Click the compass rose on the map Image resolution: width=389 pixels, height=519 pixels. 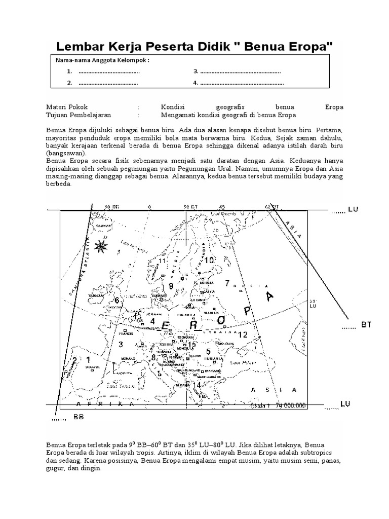coord(102,247)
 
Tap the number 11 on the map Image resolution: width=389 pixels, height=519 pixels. coord(162,261)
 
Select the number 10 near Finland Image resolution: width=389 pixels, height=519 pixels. coord(209,260)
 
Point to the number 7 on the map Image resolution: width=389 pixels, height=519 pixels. coord(227,283)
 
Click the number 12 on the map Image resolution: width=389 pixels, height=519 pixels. coord(243,335)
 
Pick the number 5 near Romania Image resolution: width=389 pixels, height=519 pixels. coord(208,352)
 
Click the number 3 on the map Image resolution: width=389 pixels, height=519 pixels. coord(121,345)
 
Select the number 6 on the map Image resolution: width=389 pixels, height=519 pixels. coord(116,301)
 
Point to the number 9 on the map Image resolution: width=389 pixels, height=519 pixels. coord(171,286)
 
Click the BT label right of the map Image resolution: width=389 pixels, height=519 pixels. coord(366,325)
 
